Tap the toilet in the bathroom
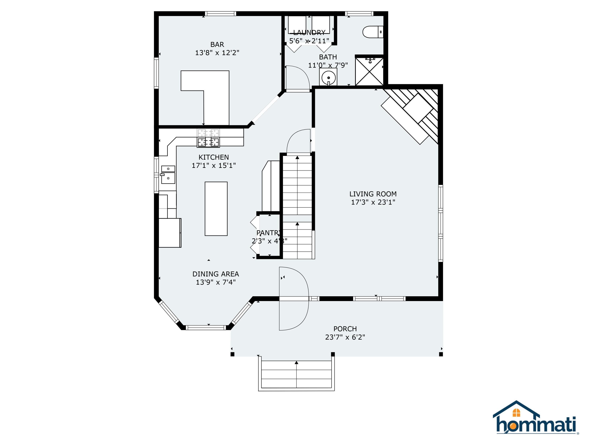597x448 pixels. click(x=372, y=32)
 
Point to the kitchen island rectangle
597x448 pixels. click(x=216, y=209)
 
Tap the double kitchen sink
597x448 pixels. click(x=168, y=174)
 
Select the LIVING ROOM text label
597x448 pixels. click(x=373, y=194)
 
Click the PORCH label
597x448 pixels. click(x=345, y=329)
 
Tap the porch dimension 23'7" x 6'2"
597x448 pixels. click(x=345, y=337)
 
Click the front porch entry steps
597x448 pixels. click(x=296, y=374)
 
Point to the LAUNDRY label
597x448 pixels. click(x=309, y=33)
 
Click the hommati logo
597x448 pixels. click(x=536, y=422)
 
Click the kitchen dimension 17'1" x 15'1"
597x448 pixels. click(x=214, y=165)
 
